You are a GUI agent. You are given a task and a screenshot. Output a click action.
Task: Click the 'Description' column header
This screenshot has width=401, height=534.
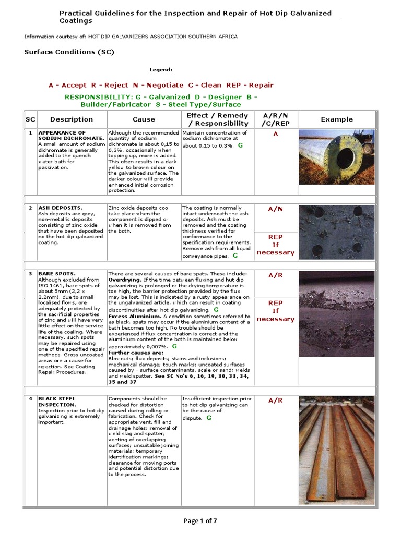click(x=72, y=119)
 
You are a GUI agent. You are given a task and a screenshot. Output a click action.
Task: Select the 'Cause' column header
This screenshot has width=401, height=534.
click(x=144, y=119)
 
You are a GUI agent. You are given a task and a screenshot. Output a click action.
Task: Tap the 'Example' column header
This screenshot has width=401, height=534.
click(x=337, y=119)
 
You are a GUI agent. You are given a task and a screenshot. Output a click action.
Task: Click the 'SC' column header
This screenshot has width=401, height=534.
click(x=30, y=119)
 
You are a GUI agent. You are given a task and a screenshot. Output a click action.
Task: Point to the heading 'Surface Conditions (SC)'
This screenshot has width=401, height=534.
click(x=69, y=52)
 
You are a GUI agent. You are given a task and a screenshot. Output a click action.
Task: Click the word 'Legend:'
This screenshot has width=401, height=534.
click(x=161, y=69)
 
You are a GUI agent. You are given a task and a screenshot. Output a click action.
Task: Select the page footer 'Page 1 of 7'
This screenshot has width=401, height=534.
click(x=200, y=521)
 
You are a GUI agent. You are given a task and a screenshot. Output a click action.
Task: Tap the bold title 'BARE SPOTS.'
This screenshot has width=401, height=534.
click(x=57, y=274)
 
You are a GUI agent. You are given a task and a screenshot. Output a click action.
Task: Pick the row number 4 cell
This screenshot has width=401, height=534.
click(x=30, y=399)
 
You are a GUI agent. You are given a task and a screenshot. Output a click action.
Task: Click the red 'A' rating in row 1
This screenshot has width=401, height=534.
click(x=276, y=134)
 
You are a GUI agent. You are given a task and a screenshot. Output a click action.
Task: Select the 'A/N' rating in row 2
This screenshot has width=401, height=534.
click(x=276, y=209)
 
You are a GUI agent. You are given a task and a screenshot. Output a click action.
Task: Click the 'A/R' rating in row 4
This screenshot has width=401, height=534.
click(x=276, y=400)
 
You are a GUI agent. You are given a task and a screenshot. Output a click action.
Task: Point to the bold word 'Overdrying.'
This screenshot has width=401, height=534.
click(x=124, y=280)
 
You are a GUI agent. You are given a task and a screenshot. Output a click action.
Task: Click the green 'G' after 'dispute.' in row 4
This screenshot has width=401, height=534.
click(x=209, y=418)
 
